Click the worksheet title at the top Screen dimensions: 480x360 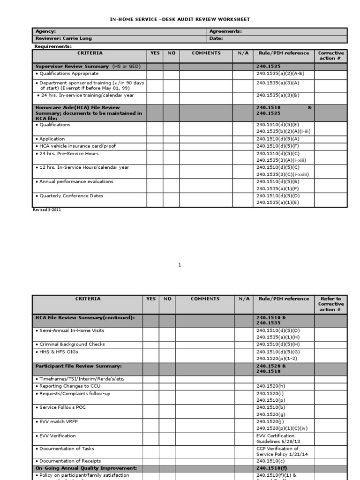[x=180, y=19]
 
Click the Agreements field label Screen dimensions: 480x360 [x=225, y=31]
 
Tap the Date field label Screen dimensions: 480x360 [x=216, y=38]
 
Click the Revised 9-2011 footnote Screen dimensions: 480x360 [x=46, y=210]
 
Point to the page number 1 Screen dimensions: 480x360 [x=179, y=265]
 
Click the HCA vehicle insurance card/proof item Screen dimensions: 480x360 [x=75, y=146]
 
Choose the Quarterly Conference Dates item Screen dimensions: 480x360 [x=71, y=196]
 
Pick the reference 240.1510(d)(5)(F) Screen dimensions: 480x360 [x=278, y=146]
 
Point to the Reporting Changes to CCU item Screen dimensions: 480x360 [x=70, y=386]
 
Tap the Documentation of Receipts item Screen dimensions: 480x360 [x=70, y=461]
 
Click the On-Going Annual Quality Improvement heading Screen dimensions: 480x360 [x=86, y=468]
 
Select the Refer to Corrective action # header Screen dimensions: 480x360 [x=330, y=304]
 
